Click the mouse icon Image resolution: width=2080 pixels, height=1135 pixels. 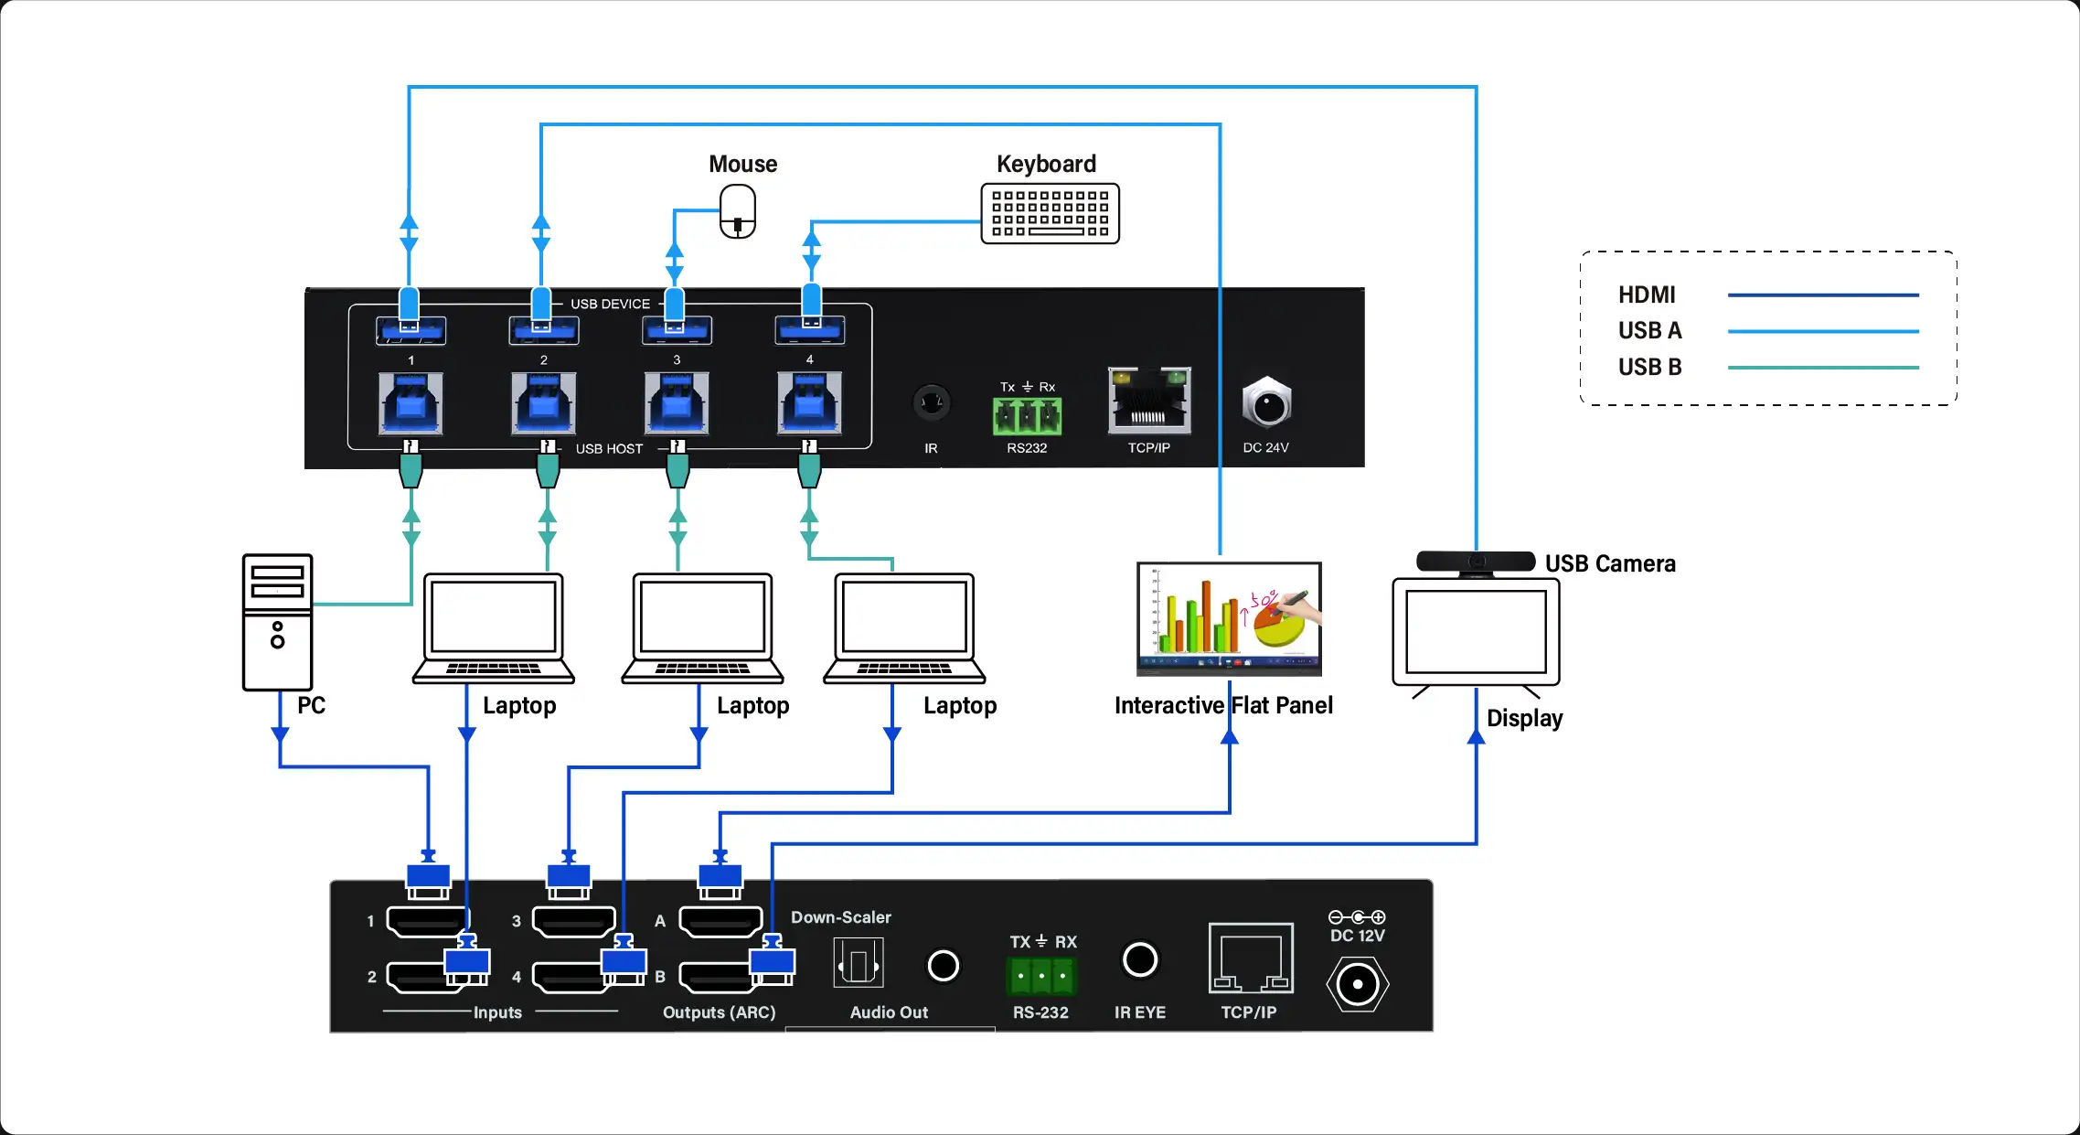point(738,211)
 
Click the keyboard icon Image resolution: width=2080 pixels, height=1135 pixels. point(1050,214)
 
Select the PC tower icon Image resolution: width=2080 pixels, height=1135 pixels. point(277,622)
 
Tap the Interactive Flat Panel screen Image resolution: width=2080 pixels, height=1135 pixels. point(1229,618)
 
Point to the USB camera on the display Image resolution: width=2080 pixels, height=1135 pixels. point(1476,562)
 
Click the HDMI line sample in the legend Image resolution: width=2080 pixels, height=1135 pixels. point(1822,295)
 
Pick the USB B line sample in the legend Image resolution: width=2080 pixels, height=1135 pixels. point(1822,368)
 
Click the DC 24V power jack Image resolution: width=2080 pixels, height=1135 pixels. point(1266,403)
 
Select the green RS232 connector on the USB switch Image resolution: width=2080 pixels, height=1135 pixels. point(1027,416)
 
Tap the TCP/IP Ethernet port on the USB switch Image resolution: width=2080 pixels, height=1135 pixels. point(1149,401)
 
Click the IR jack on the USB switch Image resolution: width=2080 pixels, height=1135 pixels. point(931,402)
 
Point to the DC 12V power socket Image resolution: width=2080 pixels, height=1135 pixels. point(1358,984)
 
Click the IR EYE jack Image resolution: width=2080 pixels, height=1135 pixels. point(1140,959)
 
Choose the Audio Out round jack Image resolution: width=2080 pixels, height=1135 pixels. point(943,965)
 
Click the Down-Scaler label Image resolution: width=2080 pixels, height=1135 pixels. point(840,917)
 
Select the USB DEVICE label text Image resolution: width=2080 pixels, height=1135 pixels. point(610,304)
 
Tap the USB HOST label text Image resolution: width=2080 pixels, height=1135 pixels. point(609,449)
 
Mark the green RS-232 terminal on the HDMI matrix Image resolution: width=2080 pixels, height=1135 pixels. point(1041,975)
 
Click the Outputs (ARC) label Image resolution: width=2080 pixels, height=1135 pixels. point(719,1012)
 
